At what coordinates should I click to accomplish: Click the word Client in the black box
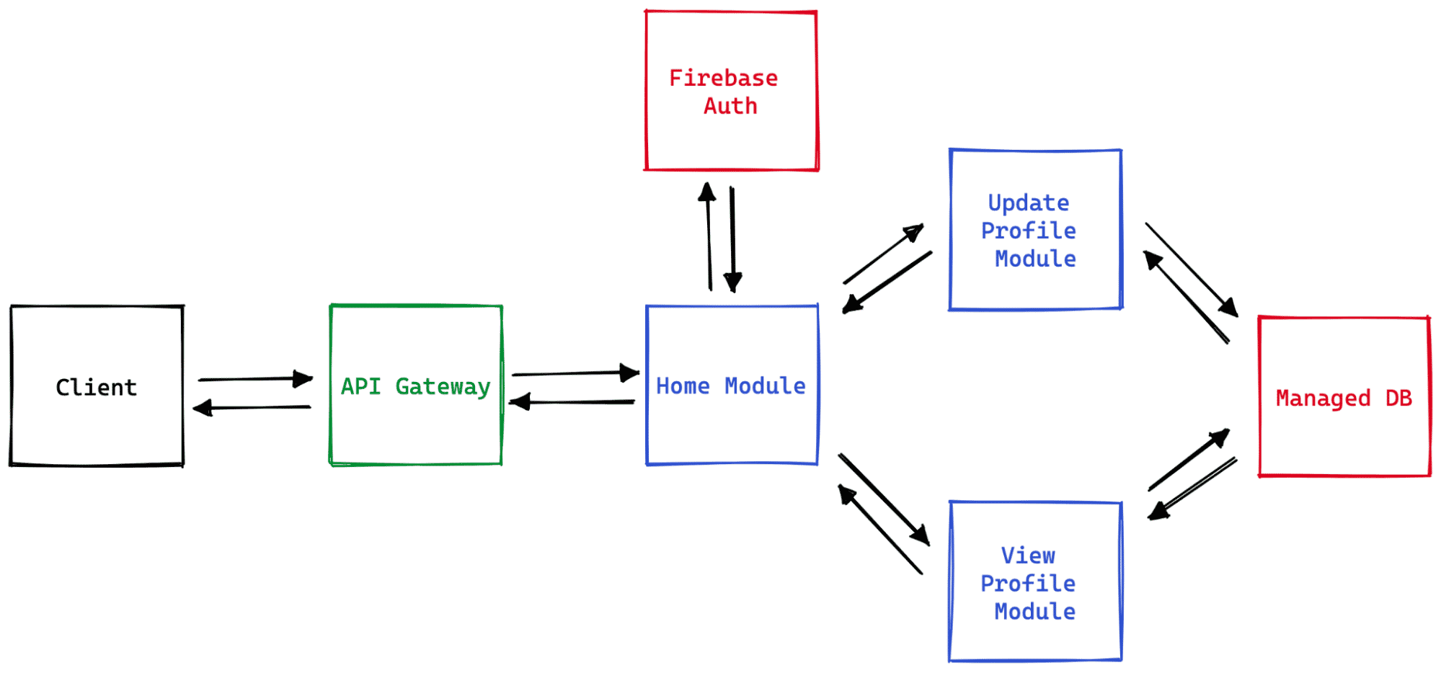(96, 388)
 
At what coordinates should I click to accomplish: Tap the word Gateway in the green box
(443, 387)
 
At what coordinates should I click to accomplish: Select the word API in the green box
(360, 386)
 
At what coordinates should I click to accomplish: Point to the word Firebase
(723, 78)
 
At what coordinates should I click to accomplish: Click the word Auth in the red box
(730, 106)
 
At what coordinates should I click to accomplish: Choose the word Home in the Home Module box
(683, 386)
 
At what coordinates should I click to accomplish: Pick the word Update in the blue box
(1028, 203)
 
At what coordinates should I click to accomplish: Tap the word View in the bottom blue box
(1028, 556)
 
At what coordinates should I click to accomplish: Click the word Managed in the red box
(1323, 398)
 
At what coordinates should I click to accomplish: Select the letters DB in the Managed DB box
(1398, 398)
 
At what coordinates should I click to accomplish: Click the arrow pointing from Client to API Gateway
(255, 378)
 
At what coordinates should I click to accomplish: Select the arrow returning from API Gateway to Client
(252, 408)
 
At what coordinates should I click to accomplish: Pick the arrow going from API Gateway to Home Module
(575, 373)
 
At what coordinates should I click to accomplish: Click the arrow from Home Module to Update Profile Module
(883, 254)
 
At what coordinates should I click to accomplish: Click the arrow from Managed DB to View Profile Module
(1193, 489)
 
